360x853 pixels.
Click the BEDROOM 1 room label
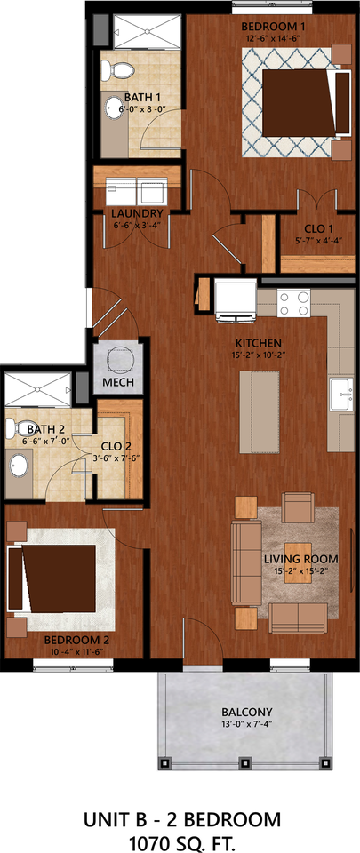point(273,26)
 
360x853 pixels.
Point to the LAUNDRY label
point(137,214)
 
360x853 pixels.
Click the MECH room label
point(117,383)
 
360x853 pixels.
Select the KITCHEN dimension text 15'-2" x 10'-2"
point(258,355)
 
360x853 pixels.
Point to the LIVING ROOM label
point(301,558)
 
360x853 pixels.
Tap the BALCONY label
point(247,712)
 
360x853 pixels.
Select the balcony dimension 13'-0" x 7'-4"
point(247,725)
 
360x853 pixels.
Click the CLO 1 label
point(313,227)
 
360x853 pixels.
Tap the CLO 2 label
point(116,447)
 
